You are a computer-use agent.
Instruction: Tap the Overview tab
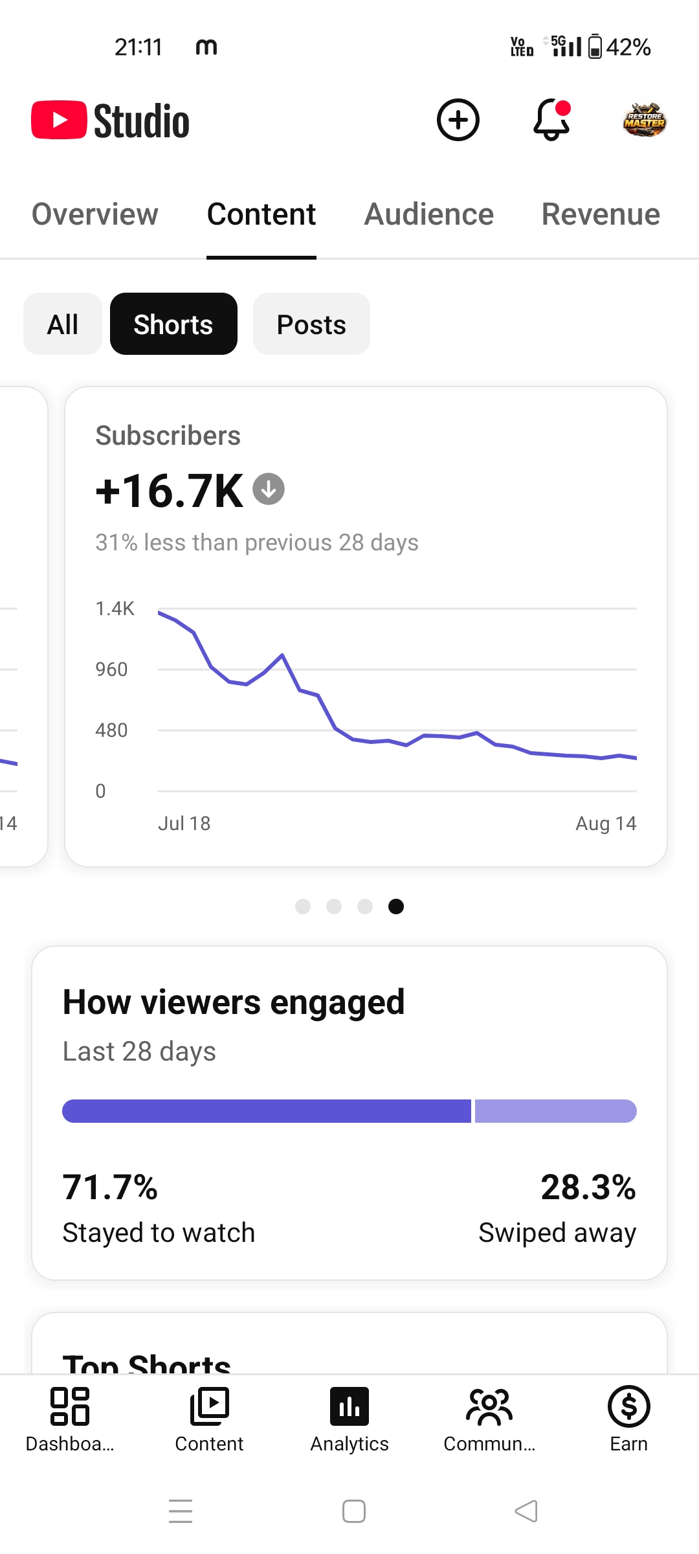95,214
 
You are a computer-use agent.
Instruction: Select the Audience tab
429,214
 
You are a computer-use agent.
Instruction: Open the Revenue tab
601,214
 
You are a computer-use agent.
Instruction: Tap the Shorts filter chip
173,324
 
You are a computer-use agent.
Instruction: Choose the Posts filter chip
311,324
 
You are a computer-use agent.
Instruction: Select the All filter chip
63,324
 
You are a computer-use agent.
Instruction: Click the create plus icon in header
458,120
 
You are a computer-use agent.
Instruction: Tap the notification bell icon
551,120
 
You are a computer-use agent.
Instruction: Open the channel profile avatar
645,120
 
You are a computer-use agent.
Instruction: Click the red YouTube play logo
59,120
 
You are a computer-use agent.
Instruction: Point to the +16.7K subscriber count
170,490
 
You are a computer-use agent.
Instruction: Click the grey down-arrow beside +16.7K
269,489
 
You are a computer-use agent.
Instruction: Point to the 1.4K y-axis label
115,609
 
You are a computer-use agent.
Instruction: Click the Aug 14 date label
606,824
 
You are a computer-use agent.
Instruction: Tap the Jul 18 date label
184,824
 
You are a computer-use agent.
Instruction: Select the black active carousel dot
396,906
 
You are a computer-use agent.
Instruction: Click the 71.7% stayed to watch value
111,1188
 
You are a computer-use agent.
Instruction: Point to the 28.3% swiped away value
588,1188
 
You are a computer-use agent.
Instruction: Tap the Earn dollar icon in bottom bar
629,1406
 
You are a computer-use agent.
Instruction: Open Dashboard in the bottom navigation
70,1419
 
